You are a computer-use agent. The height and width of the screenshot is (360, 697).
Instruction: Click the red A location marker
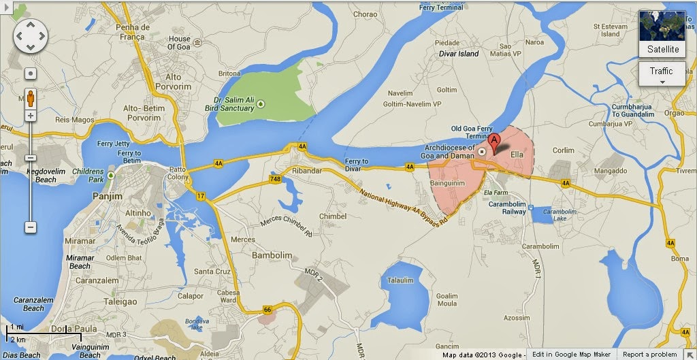[495, 142]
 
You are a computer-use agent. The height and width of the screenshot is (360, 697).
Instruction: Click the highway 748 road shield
[276, 179]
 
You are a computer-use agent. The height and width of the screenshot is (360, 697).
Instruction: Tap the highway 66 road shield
[267, 310]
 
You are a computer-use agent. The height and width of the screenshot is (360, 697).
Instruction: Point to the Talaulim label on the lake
[400, 280]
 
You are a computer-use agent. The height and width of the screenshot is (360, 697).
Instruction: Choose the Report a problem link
[650, 354]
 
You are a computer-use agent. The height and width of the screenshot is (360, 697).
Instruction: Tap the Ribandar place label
[306, 171]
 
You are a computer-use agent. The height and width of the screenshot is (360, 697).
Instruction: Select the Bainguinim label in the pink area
[448, 182]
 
